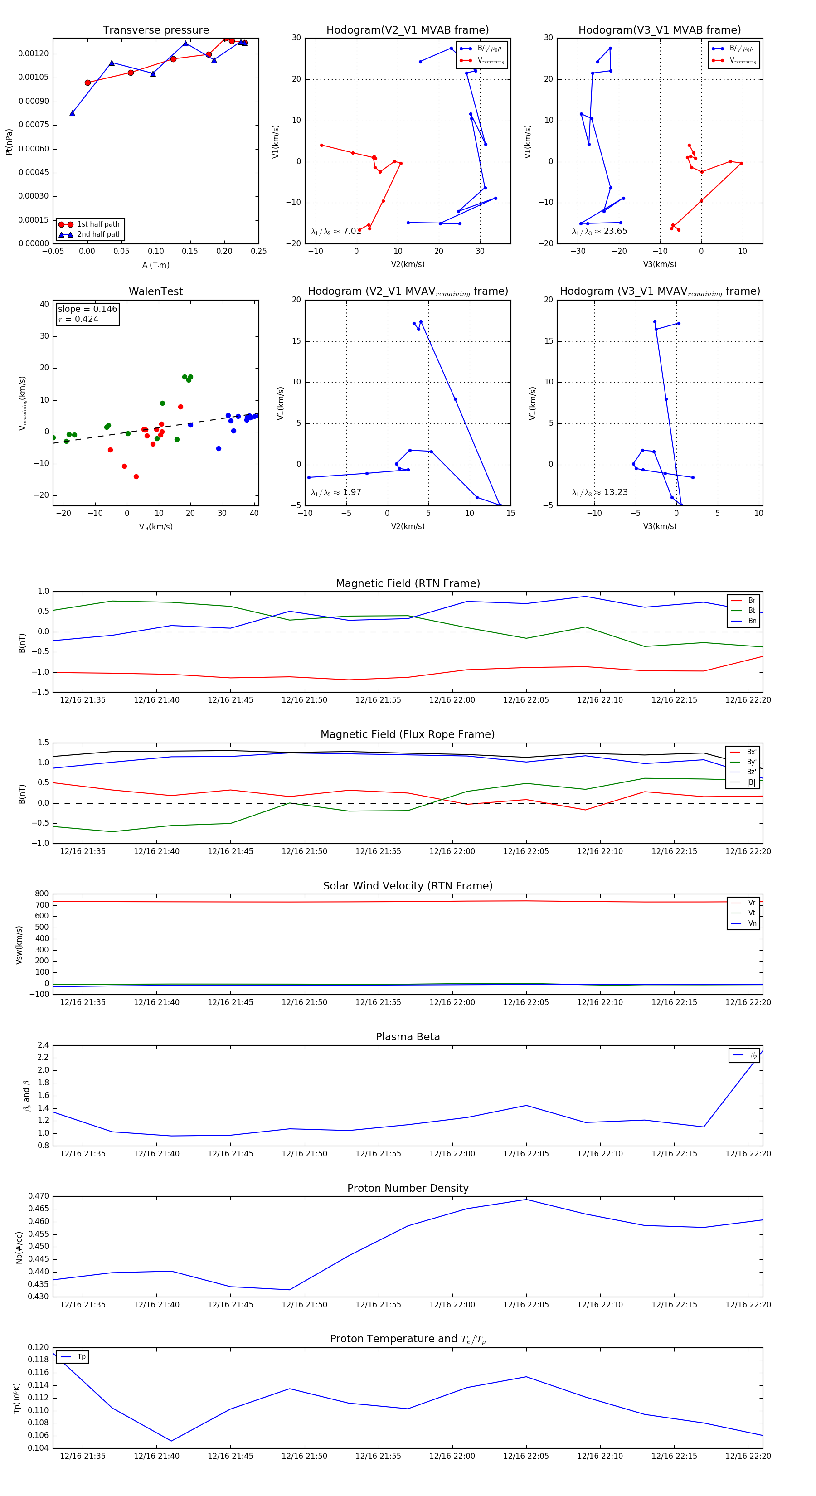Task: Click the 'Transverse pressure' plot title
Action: coord(155,30)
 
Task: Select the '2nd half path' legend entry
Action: coord(99,235)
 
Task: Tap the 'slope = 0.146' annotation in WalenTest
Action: coord(87,309)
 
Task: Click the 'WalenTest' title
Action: coord(155,291)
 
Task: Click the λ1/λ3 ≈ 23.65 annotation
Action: coord(599,231)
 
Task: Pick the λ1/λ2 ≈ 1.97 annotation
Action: coord(335,492)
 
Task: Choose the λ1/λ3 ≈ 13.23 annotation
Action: coord(599,492)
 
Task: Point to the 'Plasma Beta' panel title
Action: coord(408,1037)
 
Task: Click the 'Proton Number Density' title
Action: coord(408,1188)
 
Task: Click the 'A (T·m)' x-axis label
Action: coord(155,265)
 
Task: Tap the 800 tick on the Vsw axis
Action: coord(42,894)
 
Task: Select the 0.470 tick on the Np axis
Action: coord(39,1196)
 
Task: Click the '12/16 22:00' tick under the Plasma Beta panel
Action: coord(452,1153)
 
